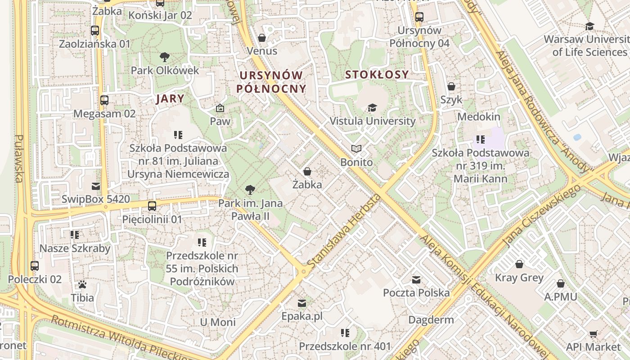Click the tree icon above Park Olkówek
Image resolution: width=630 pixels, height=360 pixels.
click(165, 57)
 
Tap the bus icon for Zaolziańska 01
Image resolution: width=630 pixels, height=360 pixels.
click(94, 31)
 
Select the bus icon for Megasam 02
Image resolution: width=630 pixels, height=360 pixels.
click(104, 100)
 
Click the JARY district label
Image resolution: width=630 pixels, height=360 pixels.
click(170, 99)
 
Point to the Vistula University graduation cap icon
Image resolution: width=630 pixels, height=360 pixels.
click(372, 108)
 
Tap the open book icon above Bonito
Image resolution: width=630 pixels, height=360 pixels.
click(356, 148)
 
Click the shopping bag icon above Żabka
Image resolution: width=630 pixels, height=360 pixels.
click(307, 171)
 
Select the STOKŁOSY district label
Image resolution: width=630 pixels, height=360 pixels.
click(377, 75)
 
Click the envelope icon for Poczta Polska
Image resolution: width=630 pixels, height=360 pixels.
click(416, 280)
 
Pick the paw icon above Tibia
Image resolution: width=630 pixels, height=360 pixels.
click(82, 284)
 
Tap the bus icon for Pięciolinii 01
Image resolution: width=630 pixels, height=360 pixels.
click(152, 206)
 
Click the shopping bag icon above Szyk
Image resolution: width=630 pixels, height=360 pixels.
click(451, 86)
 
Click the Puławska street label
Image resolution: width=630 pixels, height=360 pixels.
click(19, 158)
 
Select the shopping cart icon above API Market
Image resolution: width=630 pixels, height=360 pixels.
click(593, 334)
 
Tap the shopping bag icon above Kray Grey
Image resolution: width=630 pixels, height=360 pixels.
click(519, 264)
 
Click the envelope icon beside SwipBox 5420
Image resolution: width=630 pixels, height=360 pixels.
click(96, 186)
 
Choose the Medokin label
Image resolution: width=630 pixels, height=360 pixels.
click(479, 117)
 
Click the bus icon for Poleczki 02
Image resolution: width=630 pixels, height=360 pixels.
click(35, 265)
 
